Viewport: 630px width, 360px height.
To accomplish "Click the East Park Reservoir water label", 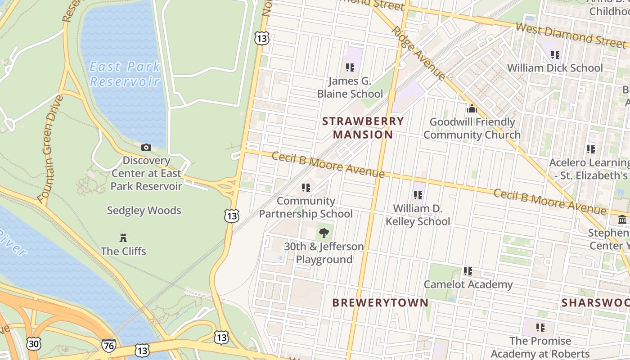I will pyautogui.click(x=125, y=74).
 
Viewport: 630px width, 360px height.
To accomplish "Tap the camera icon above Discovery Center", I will pyautogui.click(x=146, y=147).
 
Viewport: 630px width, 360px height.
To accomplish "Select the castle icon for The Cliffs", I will pyautogui.click(x=123, y=238).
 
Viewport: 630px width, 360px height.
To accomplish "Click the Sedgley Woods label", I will pyautogui.click(x=144, y=210).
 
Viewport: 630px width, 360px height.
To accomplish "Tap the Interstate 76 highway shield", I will pyautogui.click(x=108, y=346).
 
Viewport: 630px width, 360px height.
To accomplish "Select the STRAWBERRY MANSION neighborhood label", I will pyautogui.click(x=363, y=128).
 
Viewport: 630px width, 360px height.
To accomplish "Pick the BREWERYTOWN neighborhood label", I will pyautogui.click(x=380, y=302).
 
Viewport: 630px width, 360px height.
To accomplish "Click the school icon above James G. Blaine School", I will pyautogui.click(x=350, y=67).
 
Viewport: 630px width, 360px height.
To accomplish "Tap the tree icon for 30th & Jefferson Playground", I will pyautogui.click(x=324, y=233).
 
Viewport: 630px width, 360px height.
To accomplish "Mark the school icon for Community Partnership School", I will pyautogui.click(x=306, y=187).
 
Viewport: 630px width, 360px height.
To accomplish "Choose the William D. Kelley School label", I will pyautogui.click(x=418, y=215).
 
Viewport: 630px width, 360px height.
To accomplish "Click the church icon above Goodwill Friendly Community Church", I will pyautogui.click(x=472, y=108).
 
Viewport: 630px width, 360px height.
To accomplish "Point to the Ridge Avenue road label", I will pyautogui.click(x=418, y=53).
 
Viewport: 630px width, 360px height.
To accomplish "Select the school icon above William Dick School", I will pyautogui.click(x=555, y=55).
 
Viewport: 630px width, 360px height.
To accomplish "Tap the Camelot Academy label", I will pyautogui.click(x=468, y=284).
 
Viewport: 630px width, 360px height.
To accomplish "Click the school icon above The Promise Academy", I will pyautogui.click(x=540, y=328).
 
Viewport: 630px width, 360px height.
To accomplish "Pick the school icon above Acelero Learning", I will pyautogui.click(x=590, y=149).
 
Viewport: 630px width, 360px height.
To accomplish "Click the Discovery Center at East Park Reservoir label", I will pyautogui.click(x=146, y=173).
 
